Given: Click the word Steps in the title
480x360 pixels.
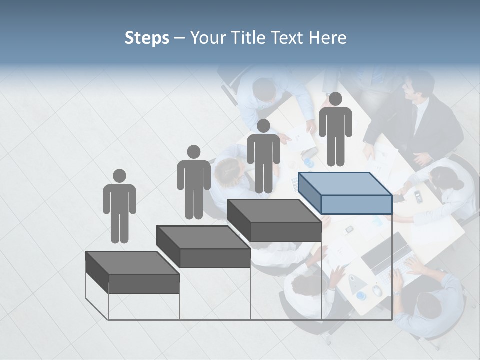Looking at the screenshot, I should tap(147, 38).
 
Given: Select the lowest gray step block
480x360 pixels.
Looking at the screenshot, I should tap(132, 272).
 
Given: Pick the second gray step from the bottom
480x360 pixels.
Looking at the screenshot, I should tap(203, 247).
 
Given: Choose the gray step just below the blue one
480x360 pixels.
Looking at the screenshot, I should tap(274, 220).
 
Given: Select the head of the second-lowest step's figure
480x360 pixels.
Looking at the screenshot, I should tap(193, 152).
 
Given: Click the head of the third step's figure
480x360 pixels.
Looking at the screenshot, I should tap(263, 126).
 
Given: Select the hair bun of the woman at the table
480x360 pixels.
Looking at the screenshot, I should tap(457, 185).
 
